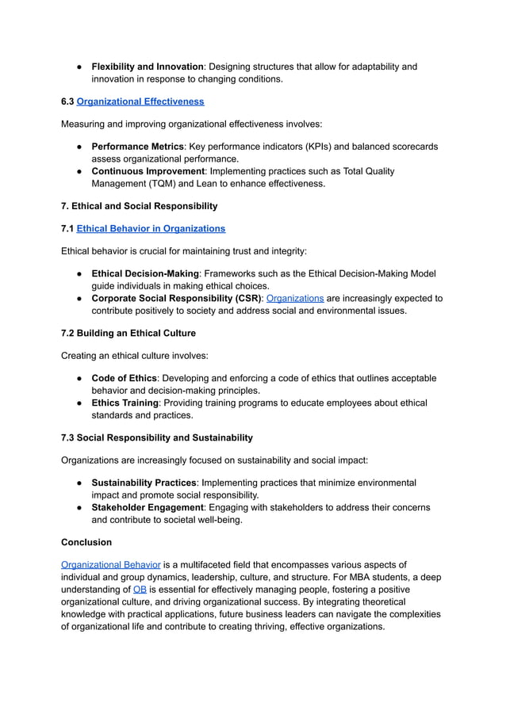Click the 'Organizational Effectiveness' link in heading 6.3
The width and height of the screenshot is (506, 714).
pos(140,101)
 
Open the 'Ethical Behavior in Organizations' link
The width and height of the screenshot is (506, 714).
pos(151,228)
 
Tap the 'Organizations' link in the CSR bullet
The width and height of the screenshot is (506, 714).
pos(294,298)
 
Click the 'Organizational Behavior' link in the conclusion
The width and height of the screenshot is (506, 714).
pos(111,564)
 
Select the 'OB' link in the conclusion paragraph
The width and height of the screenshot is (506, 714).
pos(139,590)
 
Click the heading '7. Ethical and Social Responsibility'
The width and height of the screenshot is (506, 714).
pos(139,206)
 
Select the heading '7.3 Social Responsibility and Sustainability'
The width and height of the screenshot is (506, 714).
pos(157,437)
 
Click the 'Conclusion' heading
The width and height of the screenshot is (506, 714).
pos(86,542)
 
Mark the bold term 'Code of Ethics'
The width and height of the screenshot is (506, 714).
pos(125,378)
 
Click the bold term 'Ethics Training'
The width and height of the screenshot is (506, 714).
pos(125,403)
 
